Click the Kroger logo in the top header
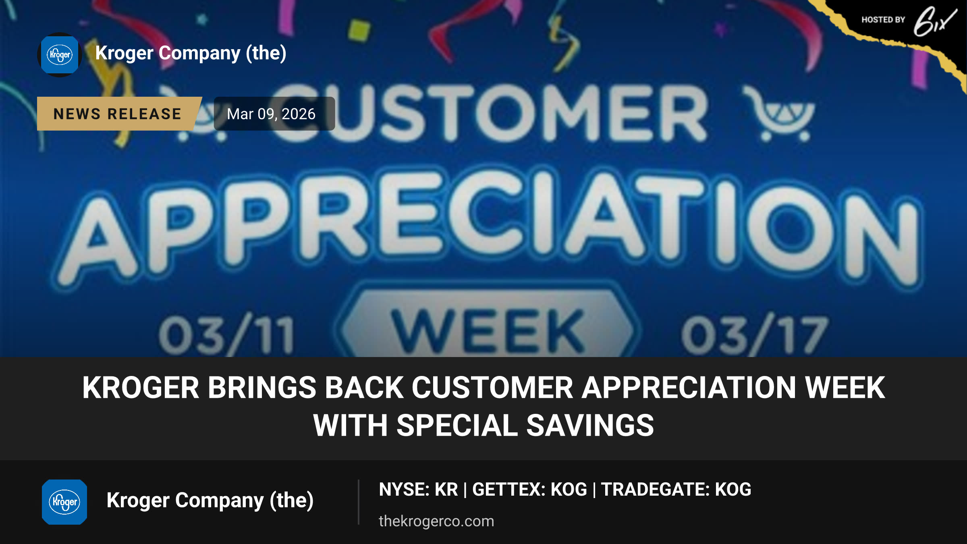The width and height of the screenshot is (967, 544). click(60, 55)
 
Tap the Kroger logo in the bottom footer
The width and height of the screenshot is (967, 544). click(64, 502)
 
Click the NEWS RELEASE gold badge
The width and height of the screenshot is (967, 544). click(118, 114)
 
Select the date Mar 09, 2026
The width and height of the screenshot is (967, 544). click(271, 114)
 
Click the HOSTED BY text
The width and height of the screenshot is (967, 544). click(883, 20)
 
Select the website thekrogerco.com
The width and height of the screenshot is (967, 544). click(436, 521)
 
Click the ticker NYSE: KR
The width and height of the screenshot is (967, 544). click(418, 490)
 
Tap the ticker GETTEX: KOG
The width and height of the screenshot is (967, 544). click(529, 490)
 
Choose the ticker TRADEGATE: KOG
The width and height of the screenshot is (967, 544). click(676, 490)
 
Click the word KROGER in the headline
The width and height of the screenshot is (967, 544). click(141, 388)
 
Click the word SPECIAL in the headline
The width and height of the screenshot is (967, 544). click(457, 426)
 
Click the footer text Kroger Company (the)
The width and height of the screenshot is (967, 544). click(210, 501)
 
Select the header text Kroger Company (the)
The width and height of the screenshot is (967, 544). click(191, 53)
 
